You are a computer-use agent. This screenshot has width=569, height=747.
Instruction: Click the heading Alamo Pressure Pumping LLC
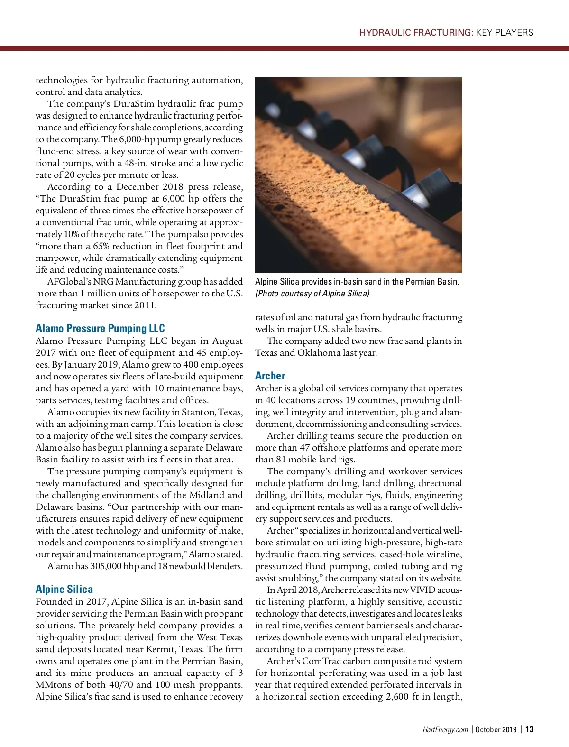(100, 328)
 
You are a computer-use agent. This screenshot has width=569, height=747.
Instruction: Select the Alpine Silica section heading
(64, 589)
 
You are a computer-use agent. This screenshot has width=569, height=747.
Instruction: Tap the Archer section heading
(270, 376)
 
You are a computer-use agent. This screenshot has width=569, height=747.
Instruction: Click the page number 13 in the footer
(529, 729)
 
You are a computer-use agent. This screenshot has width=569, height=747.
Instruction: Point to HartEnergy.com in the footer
(445, 729)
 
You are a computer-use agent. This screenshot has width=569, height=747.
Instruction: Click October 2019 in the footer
(496, 729)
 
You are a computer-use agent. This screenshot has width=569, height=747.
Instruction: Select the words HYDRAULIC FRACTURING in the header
(416, 33)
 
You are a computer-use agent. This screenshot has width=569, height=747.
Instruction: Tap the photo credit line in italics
(312, 293)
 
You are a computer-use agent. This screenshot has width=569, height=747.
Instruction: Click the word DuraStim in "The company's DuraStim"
(134, 104)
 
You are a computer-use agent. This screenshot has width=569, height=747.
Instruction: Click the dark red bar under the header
(284, 48)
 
